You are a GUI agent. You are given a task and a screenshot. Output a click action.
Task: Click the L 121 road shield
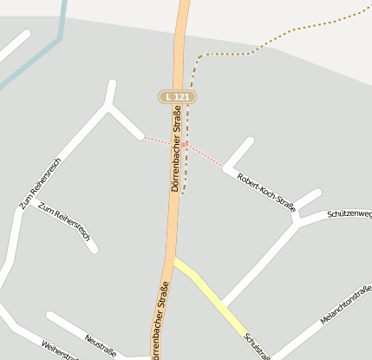[176, 96]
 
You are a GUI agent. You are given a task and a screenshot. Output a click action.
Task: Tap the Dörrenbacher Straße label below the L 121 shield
[176, 147]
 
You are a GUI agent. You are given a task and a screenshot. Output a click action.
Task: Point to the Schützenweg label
[349, 214]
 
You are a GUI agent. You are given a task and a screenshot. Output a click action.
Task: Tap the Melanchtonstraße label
[346, 304]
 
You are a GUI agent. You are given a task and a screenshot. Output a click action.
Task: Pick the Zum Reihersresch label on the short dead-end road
[64, 224]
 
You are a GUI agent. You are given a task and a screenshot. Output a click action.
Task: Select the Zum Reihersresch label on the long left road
[40, 185]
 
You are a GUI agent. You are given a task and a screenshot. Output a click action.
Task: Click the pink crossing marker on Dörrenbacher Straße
[185, 144]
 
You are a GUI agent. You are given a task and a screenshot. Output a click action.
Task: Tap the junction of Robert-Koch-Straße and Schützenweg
[297, 219]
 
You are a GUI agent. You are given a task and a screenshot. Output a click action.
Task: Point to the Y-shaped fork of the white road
[108, 105]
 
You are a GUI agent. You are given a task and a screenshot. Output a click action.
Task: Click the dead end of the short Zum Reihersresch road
[93, 250]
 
